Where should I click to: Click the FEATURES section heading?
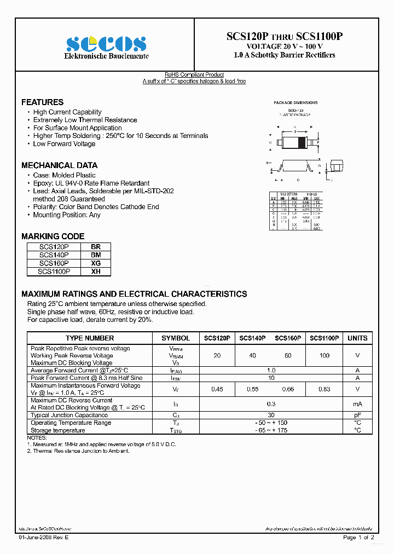tap(42, 102)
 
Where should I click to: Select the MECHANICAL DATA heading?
tap(59, 165)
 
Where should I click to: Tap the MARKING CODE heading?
tap(53, 236)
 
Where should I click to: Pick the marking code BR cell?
tap(95, 247)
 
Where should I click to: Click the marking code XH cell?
tap(95, 271)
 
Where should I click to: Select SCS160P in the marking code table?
tap(54, 263)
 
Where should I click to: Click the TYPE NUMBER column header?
tap(90, 338)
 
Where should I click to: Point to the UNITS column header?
tap(357, 338)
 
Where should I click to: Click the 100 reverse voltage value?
tap(325, 356)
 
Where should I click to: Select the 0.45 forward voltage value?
tap(217, 389)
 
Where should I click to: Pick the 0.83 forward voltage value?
tap(325, 389)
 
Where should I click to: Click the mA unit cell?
tap(357, 404)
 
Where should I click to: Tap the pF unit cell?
tap(357, 415)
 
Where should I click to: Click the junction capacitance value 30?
tap(271, 415)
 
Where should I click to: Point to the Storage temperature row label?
tap(57, 430)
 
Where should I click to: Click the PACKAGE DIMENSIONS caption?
tap(296, 103)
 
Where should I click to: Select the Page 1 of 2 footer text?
tap(358, 538)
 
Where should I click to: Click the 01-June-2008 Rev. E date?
tap(44, 538)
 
